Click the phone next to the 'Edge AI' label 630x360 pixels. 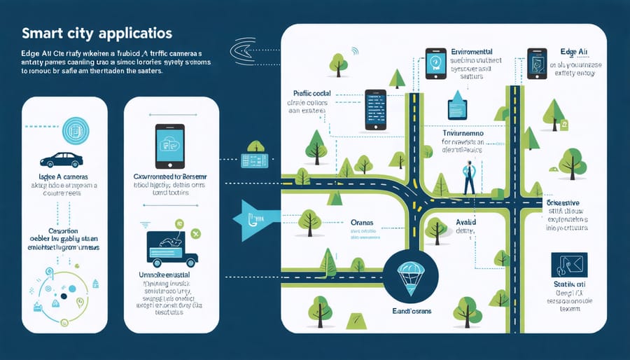(x=537, y=63)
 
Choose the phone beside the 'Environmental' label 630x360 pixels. (x=436, y=63)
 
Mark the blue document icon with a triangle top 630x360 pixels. (x=459, y=105)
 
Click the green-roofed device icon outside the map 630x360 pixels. (x=256, y=155)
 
